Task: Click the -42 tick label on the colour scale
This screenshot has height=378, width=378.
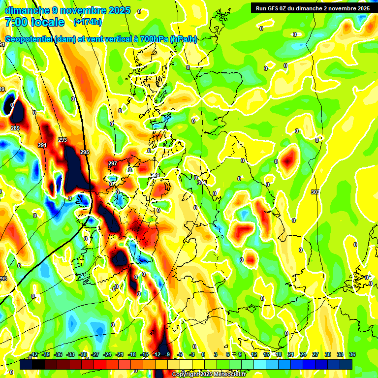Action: pyautogui.click(x=34, y=354)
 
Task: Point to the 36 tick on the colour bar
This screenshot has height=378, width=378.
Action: pyautogui.click(x=352, y=354)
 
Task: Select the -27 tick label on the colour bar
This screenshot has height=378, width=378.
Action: pyautogui.click(x=95, y=354)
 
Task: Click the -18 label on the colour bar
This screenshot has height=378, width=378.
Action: pyautogui.click(x=132, y=354)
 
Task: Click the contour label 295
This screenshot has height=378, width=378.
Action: pyautogui.click(x=85, y=152)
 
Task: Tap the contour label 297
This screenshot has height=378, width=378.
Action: pyautogui.click(x=113, y=163)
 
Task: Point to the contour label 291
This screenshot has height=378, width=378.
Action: pyautogui.click(x=42, y=145)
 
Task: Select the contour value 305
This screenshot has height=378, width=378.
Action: pyautogui.click(x=315, y=192)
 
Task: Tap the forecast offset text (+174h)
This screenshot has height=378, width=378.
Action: pyautogui.click(x=87, y=22)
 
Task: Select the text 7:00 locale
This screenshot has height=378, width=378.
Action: pyautogui.click(x=34, y=22)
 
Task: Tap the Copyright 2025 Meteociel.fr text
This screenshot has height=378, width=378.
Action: pyautogui.click(x=210, y=374)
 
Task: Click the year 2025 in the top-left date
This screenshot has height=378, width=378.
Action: pyautogui.click(x=118, y=10)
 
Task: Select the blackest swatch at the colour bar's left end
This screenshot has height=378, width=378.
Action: pyautogui.click(x=26, y=364)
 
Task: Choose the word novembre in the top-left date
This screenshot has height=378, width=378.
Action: pyautogui.click(x=80, y=10)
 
